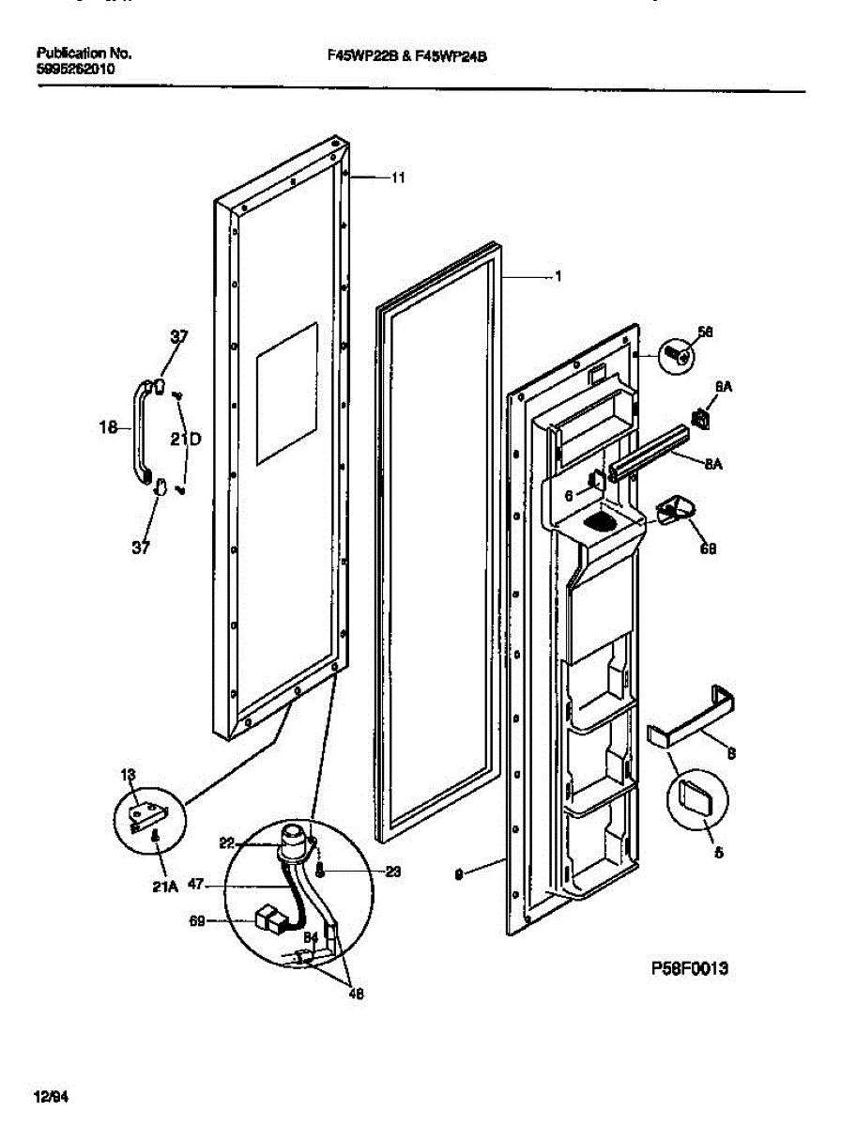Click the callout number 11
[398, 178]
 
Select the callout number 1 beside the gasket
[558, 277]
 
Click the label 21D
[185, 439]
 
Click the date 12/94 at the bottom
[52, 1096]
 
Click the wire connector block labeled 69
[271, 920]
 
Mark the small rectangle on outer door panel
[286, 393]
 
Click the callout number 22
[226, 842]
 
